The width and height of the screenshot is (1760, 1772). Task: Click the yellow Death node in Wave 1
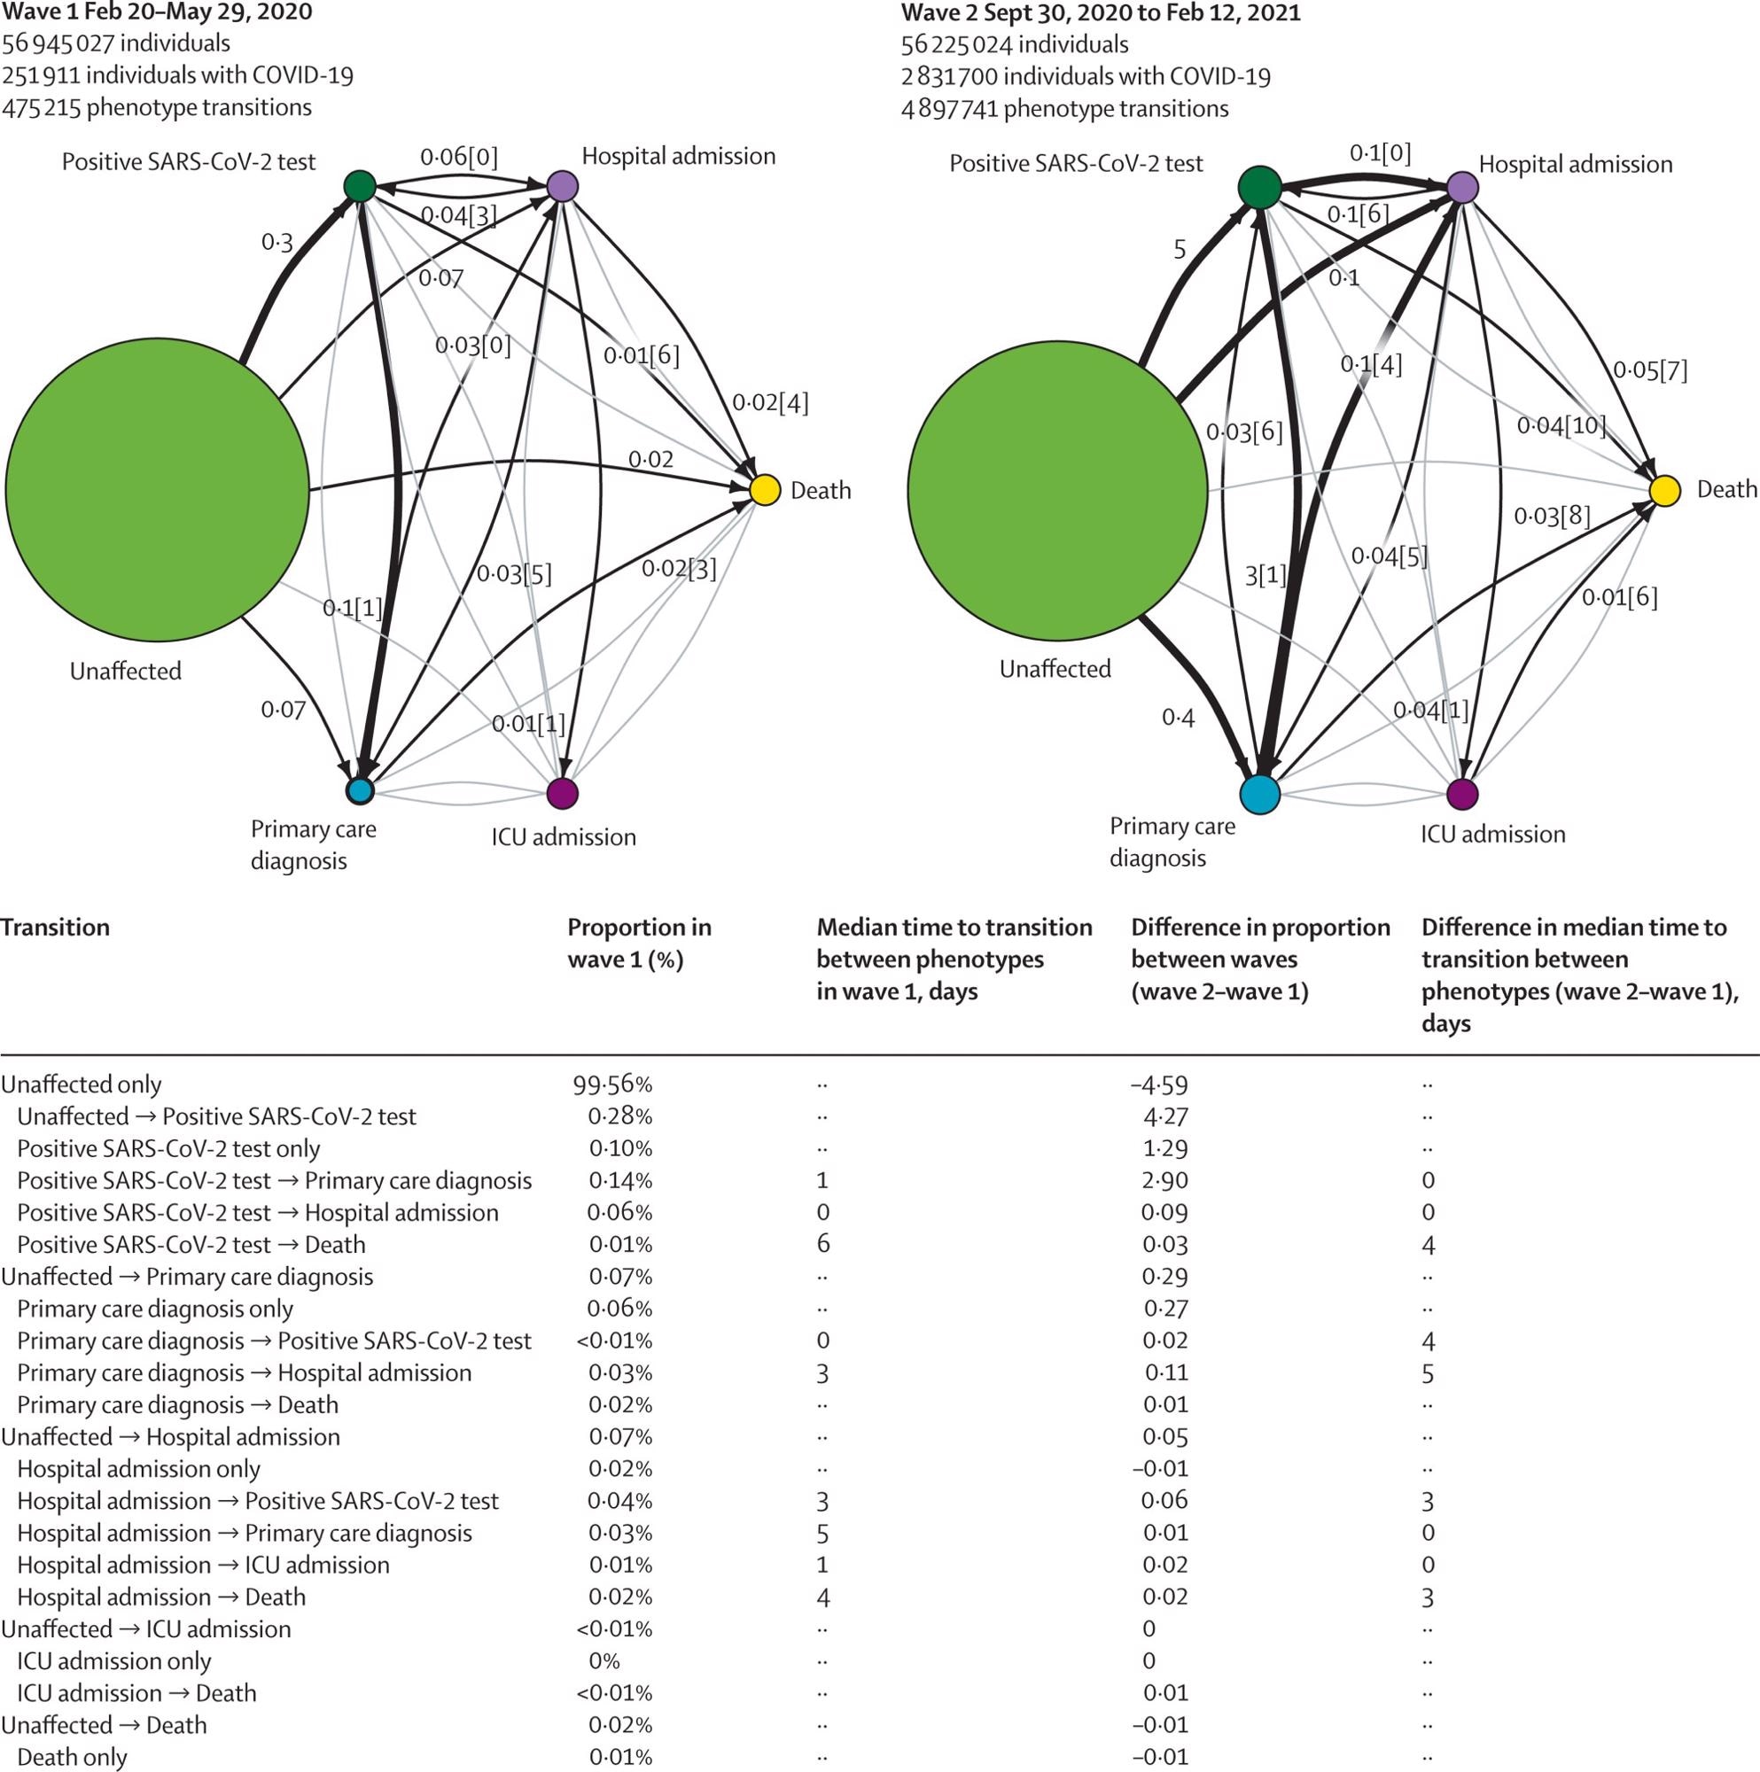765,490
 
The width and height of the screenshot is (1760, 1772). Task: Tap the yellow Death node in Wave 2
1664,491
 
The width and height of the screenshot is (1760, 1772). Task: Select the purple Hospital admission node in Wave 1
562,186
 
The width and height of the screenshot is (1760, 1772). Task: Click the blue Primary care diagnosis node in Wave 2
1259,794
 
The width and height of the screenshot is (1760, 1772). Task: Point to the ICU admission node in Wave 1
562,793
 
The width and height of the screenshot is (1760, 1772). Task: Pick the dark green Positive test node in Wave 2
1260,187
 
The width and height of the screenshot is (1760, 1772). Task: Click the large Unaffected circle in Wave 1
157,490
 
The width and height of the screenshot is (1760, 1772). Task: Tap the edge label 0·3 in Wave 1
276,242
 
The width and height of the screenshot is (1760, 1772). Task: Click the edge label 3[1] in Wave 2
1265,576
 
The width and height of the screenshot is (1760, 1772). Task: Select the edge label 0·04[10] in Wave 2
1561,424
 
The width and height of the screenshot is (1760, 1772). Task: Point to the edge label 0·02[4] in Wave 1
770,402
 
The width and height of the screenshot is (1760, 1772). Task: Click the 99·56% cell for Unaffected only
612,1084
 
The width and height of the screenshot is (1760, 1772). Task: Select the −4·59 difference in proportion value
1159,1084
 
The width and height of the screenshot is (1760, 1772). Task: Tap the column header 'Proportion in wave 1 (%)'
639,943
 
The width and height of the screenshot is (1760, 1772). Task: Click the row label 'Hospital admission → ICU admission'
203,1565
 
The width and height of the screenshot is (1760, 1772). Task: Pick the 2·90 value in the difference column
1164,1180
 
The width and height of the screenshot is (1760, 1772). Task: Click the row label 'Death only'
72,1757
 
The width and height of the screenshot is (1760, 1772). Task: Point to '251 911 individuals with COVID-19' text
177,75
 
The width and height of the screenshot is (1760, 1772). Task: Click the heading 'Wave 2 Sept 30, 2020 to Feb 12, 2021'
1101,12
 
